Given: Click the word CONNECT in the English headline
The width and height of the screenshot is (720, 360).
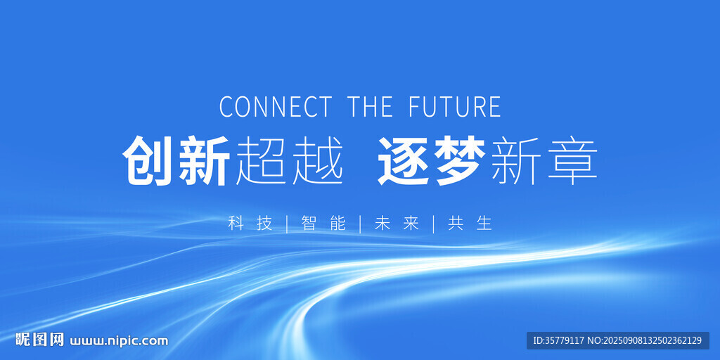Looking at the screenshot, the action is click(x=275, y=106).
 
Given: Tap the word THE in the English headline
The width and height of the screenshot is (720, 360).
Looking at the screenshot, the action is click(x=370, y=106).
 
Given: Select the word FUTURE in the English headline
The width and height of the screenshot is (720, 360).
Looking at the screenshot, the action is click(x=455, y=106).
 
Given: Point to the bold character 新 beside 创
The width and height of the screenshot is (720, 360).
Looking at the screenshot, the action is click(x=205, y=160).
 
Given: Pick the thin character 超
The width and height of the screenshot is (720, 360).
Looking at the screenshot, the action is click(x=262, y=160).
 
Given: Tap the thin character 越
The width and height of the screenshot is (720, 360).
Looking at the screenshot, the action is click(x=318, y=160).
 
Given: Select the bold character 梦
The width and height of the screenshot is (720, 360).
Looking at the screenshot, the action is click(x=460, y=160).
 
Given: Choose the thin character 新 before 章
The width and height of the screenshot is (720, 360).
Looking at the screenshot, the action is click(x=516, y=160).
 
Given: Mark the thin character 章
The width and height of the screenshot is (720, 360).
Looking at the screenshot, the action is click(x=572, y=160).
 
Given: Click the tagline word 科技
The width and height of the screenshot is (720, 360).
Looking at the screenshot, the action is click(x=250, y=223).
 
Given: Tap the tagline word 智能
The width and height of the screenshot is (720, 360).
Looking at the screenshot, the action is click(x=323, y=223).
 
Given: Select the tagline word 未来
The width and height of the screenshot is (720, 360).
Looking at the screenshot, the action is click(x=397, y=223).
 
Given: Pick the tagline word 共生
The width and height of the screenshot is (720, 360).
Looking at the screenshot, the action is click(x=470, y=223).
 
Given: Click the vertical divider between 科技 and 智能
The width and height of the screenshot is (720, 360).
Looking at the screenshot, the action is click(x=287, y=224).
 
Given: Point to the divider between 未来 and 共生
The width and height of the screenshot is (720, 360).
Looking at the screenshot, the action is click(x=433, y=224).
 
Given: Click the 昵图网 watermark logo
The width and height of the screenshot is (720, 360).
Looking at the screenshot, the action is click(x=39, y=340).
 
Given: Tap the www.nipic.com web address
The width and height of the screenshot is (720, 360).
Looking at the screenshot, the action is click(x=119, y=341).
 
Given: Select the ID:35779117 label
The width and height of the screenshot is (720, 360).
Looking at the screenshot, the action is click(x=559, y=341).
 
